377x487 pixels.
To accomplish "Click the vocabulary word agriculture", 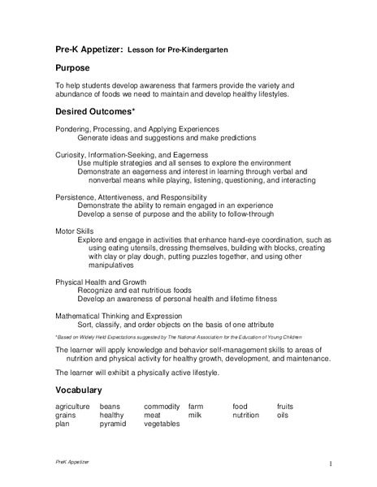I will click(72, 406).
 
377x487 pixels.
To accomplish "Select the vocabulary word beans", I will click(110, 406).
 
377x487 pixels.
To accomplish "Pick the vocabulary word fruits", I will click(285, 406).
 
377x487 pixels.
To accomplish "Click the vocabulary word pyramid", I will click(113, 424).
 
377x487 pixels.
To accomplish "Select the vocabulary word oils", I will click(282, 415).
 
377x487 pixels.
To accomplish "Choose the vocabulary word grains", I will click(67, 415).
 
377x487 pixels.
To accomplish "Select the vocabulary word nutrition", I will click(245, 415).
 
